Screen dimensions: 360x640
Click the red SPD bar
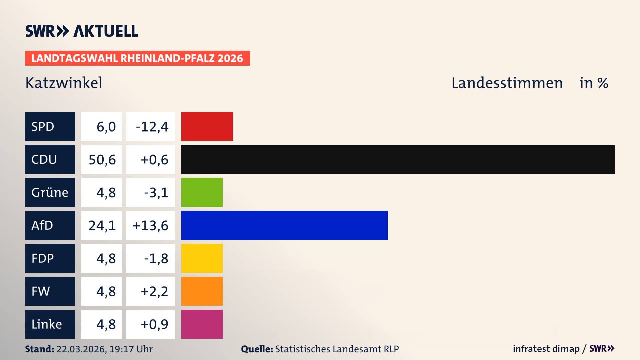point(207,126)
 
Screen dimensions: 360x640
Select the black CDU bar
point(398,159)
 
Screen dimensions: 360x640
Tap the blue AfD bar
point(284,225)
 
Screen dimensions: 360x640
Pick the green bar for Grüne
point(202,192)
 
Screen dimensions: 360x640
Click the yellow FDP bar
point(202,258)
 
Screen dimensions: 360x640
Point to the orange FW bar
point(202,291)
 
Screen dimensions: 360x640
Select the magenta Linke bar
point(202,324)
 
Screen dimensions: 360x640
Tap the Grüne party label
point(50,192)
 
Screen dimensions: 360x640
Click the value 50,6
point(102,160)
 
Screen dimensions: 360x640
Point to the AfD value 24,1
point(102,226)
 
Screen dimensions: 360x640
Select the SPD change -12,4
point(152,127)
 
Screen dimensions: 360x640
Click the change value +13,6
point(151,226)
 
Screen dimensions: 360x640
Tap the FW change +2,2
point(154,291)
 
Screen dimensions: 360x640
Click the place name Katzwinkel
point(64,83)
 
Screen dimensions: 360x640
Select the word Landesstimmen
point(507,83)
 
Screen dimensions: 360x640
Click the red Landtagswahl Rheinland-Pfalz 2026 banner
point(137,58)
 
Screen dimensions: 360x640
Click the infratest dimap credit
point(546,349)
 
